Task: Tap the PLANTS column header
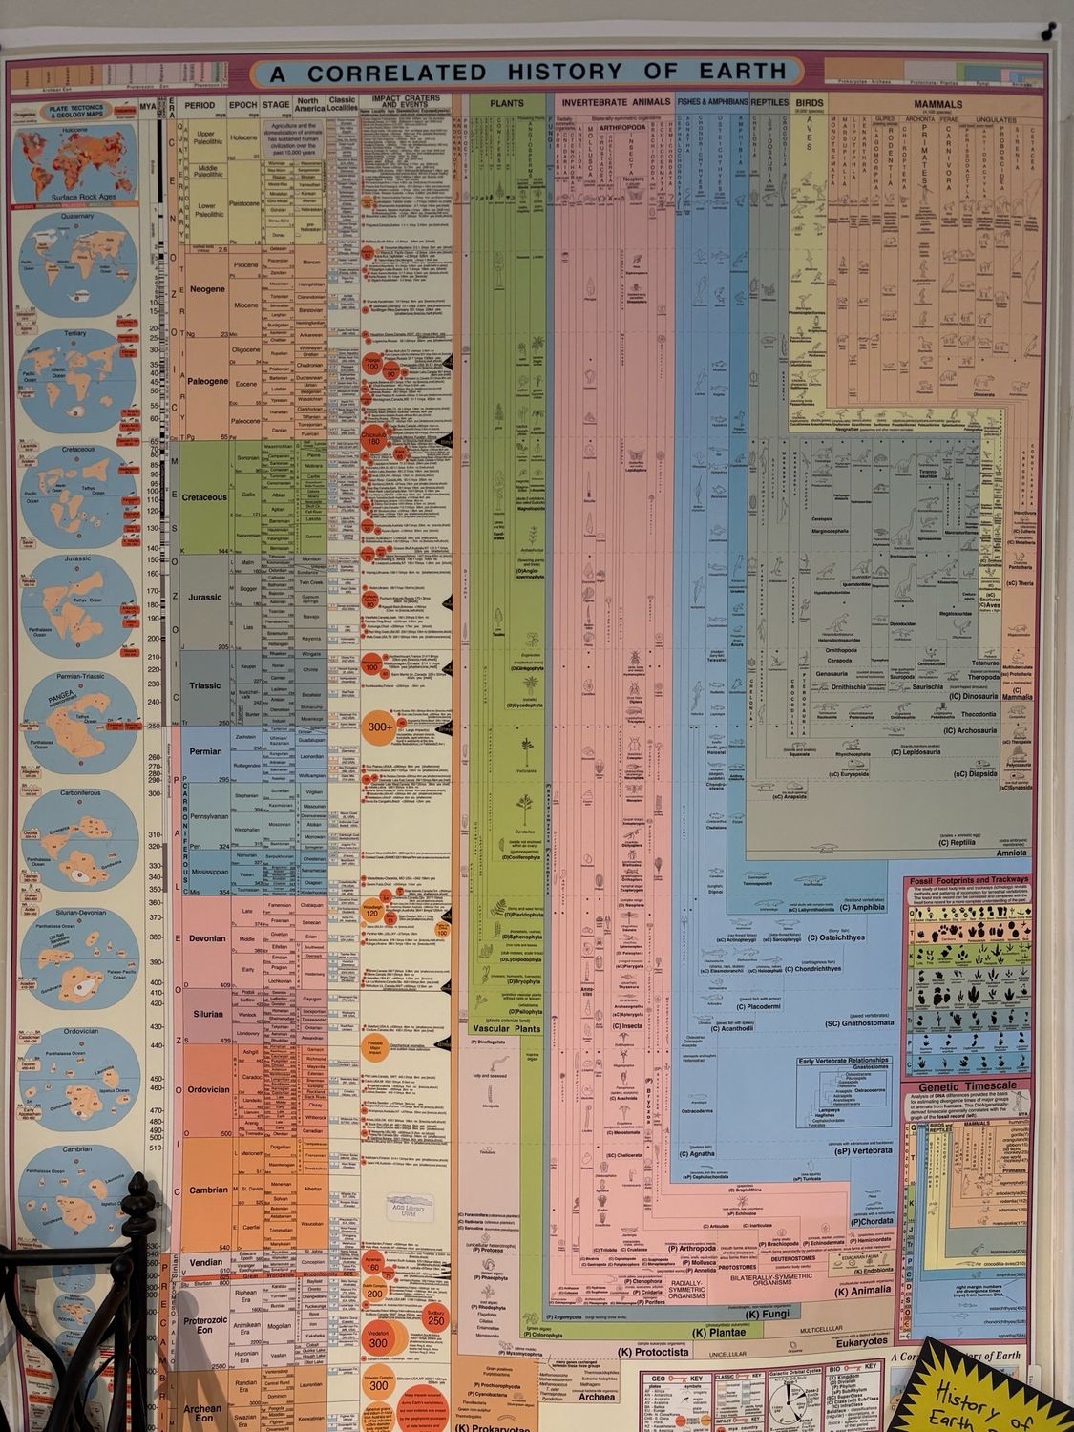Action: (507, 103)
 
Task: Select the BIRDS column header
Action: (810, 103)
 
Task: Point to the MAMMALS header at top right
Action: (937, 104)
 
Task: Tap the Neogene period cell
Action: (206, 289)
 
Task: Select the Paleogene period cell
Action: (206, 381)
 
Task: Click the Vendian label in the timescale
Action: (206, 1262)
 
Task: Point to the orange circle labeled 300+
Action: (381, 727)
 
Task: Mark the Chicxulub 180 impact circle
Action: (374, 440)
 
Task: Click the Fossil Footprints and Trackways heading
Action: (968, 879)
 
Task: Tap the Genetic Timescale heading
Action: (963, 1087)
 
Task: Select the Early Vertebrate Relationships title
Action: (843, 1061)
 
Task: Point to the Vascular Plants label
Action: (506, 1029)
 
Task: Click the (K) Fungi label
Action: (766, 1315)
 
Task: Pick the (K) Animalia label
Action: (863, 1290)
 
